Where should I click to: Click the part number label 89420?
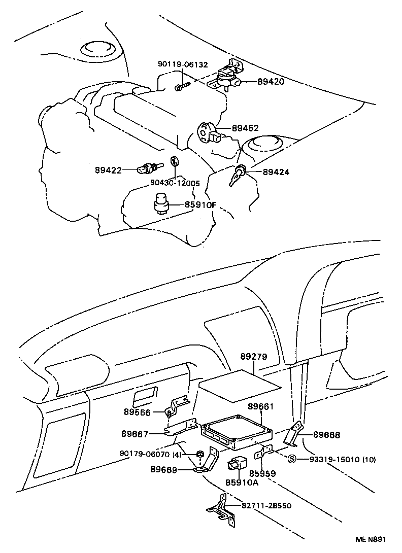[x=271, y=81]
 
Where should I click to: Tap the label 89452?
[x=245, y=129]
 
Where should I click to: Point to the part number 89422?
[x=108, y=170]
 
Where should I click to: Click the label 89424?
[x=276, y=172]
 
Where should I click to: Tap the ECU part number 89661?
[x=261, y=407]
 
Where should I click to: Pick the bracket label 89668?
[x=326, y=435]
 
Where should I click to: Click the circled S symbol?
[x=292, y=460]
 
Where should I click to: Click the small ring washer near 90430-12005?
[x=174, y=162]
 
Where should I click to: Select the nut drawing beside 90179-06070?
[x=200, y=454]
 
